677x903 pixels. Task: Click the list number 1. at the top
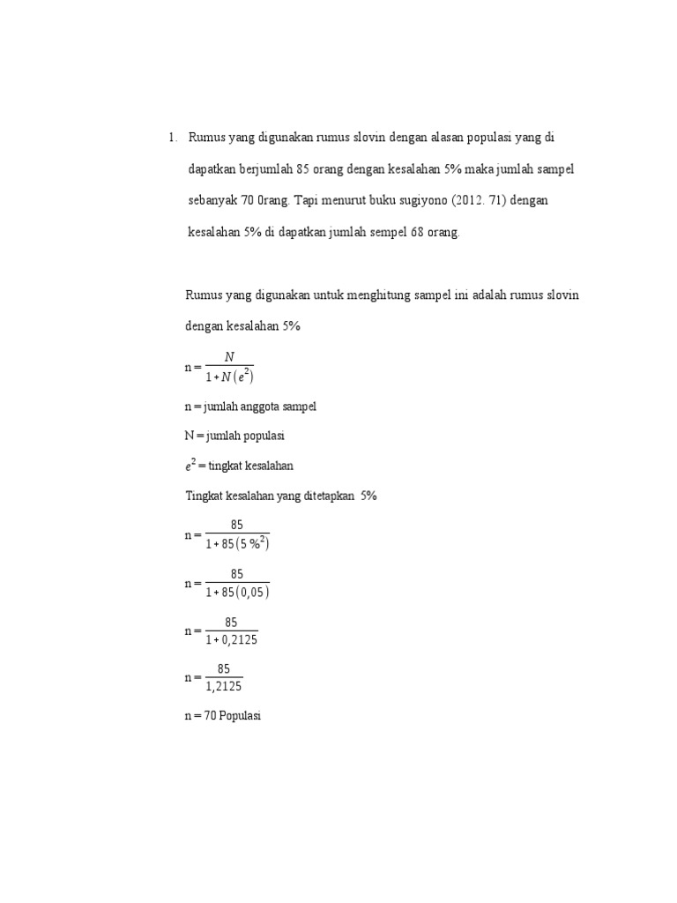172,138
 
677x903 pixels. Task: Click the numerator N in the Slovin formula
230,357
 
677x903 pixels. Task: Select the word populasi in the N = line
264,437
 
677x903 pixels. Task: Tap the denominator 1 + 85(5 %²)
237,543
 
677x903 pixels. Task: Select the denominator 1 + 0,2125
231,639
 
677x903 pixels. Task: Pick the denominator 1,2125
224,687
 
